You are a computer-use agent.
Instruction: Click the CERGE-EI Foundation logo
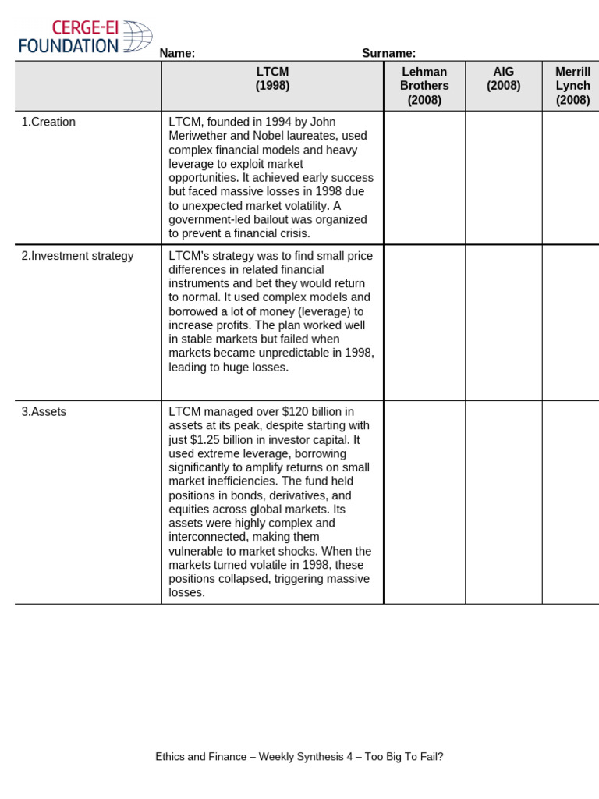click(85, 37)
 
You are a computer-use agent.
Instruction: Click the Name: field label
click(177, 53)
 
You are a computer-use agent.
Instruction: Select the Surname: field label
click(388, 53)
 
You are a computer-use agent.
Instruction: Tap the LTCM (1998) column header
click(272, 79)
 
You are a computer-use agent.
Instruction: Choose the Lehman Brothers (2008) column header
click(424, 86)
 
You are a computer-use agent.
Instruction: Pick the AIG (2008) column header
click(503, 79)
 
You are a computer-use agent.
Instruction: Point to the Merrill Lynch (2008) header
click(572, 86)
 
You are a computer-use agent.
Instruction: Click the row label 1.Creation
click(48, 122)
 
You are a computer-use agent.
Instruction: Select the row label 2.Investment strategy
click(77, 256)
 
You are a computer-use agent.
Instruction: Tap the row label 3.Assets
click(44, 412)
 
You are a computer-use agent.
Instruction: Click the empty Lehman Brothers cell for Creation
click(424, 177)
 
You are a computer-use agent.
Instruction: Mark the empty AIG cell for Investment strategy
click(503, 322)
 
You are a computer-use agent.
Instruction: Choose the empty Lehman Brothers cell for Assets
click(424, 502)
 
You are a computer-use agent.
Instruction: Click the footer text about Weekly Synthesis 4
click(299, 756)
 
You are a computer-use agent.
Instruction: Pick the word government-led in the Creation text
click(205, 220)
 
